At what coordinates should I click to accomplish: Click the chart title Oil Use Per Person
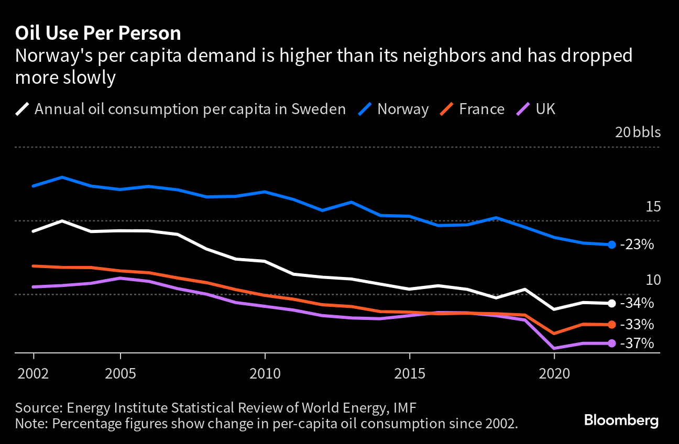tap(98, 34)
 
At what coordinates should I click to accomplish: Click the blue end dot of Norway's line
tap(611, 245)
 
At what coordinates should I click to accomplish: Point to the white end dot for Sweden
tap(611, 303)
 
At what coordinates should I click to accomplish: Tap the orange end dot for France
tap(611, 325)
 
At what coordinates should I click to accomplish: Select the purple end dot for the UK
tap(611, 343)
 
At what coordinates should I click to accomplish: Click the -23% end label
tap(637, 245)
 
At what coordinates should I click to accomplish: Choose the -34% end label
tap(637, 303)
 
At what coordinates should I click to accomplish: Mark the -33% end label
tap(637, 325)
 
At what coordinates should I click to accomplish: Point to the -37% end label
tap(637, 343)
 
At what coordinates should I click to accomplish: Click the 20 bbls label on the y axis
tap(638, 132)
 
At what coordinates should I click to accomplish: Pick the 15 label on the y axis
tap(653, 207)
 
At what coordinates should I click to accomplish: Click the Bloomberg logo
tap(621, 420)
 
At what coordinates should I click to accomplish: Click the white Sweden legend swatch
tap(23, 109)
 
